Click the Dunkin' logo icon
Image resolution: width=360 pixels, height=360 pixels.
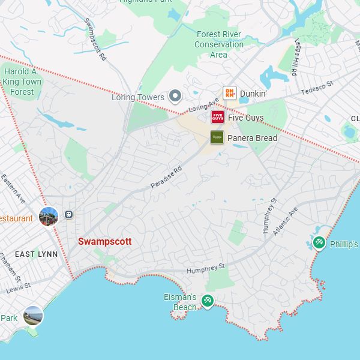(229, 93)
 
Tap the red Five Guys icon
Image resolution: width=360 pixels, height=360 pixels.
(217, 117)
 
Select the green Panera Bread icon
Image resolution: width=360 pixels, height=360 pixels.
(217, 137)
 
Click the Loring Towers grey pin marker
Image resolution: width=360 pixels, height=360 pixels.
(175, 96)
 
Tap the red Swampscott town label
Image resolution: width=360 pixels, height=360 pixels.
(104, 241)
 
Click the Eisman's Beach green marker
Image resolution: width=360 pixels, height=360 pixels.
(207, 300)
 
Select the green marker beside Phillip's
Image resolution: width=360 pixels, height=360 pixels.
(319, 243)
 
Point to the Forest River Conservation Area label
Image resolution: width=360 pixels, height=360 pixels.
(218, 44)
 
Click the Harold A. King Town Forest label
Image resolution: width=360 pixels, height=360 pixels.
(22, 82)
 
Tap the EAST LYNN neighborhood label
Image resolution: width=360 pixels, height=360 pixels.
(36, 254)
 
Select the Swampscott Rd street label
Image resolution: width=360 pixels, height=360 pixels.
(95, 40)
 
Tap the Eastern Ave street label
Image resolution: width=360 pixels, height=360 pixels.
(13, 188)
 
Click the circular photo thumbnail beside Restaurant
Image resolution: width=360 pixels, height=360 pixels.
(48, 216)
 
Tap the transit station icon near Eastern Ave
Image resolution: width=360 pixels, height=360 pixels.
(69, 214)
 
